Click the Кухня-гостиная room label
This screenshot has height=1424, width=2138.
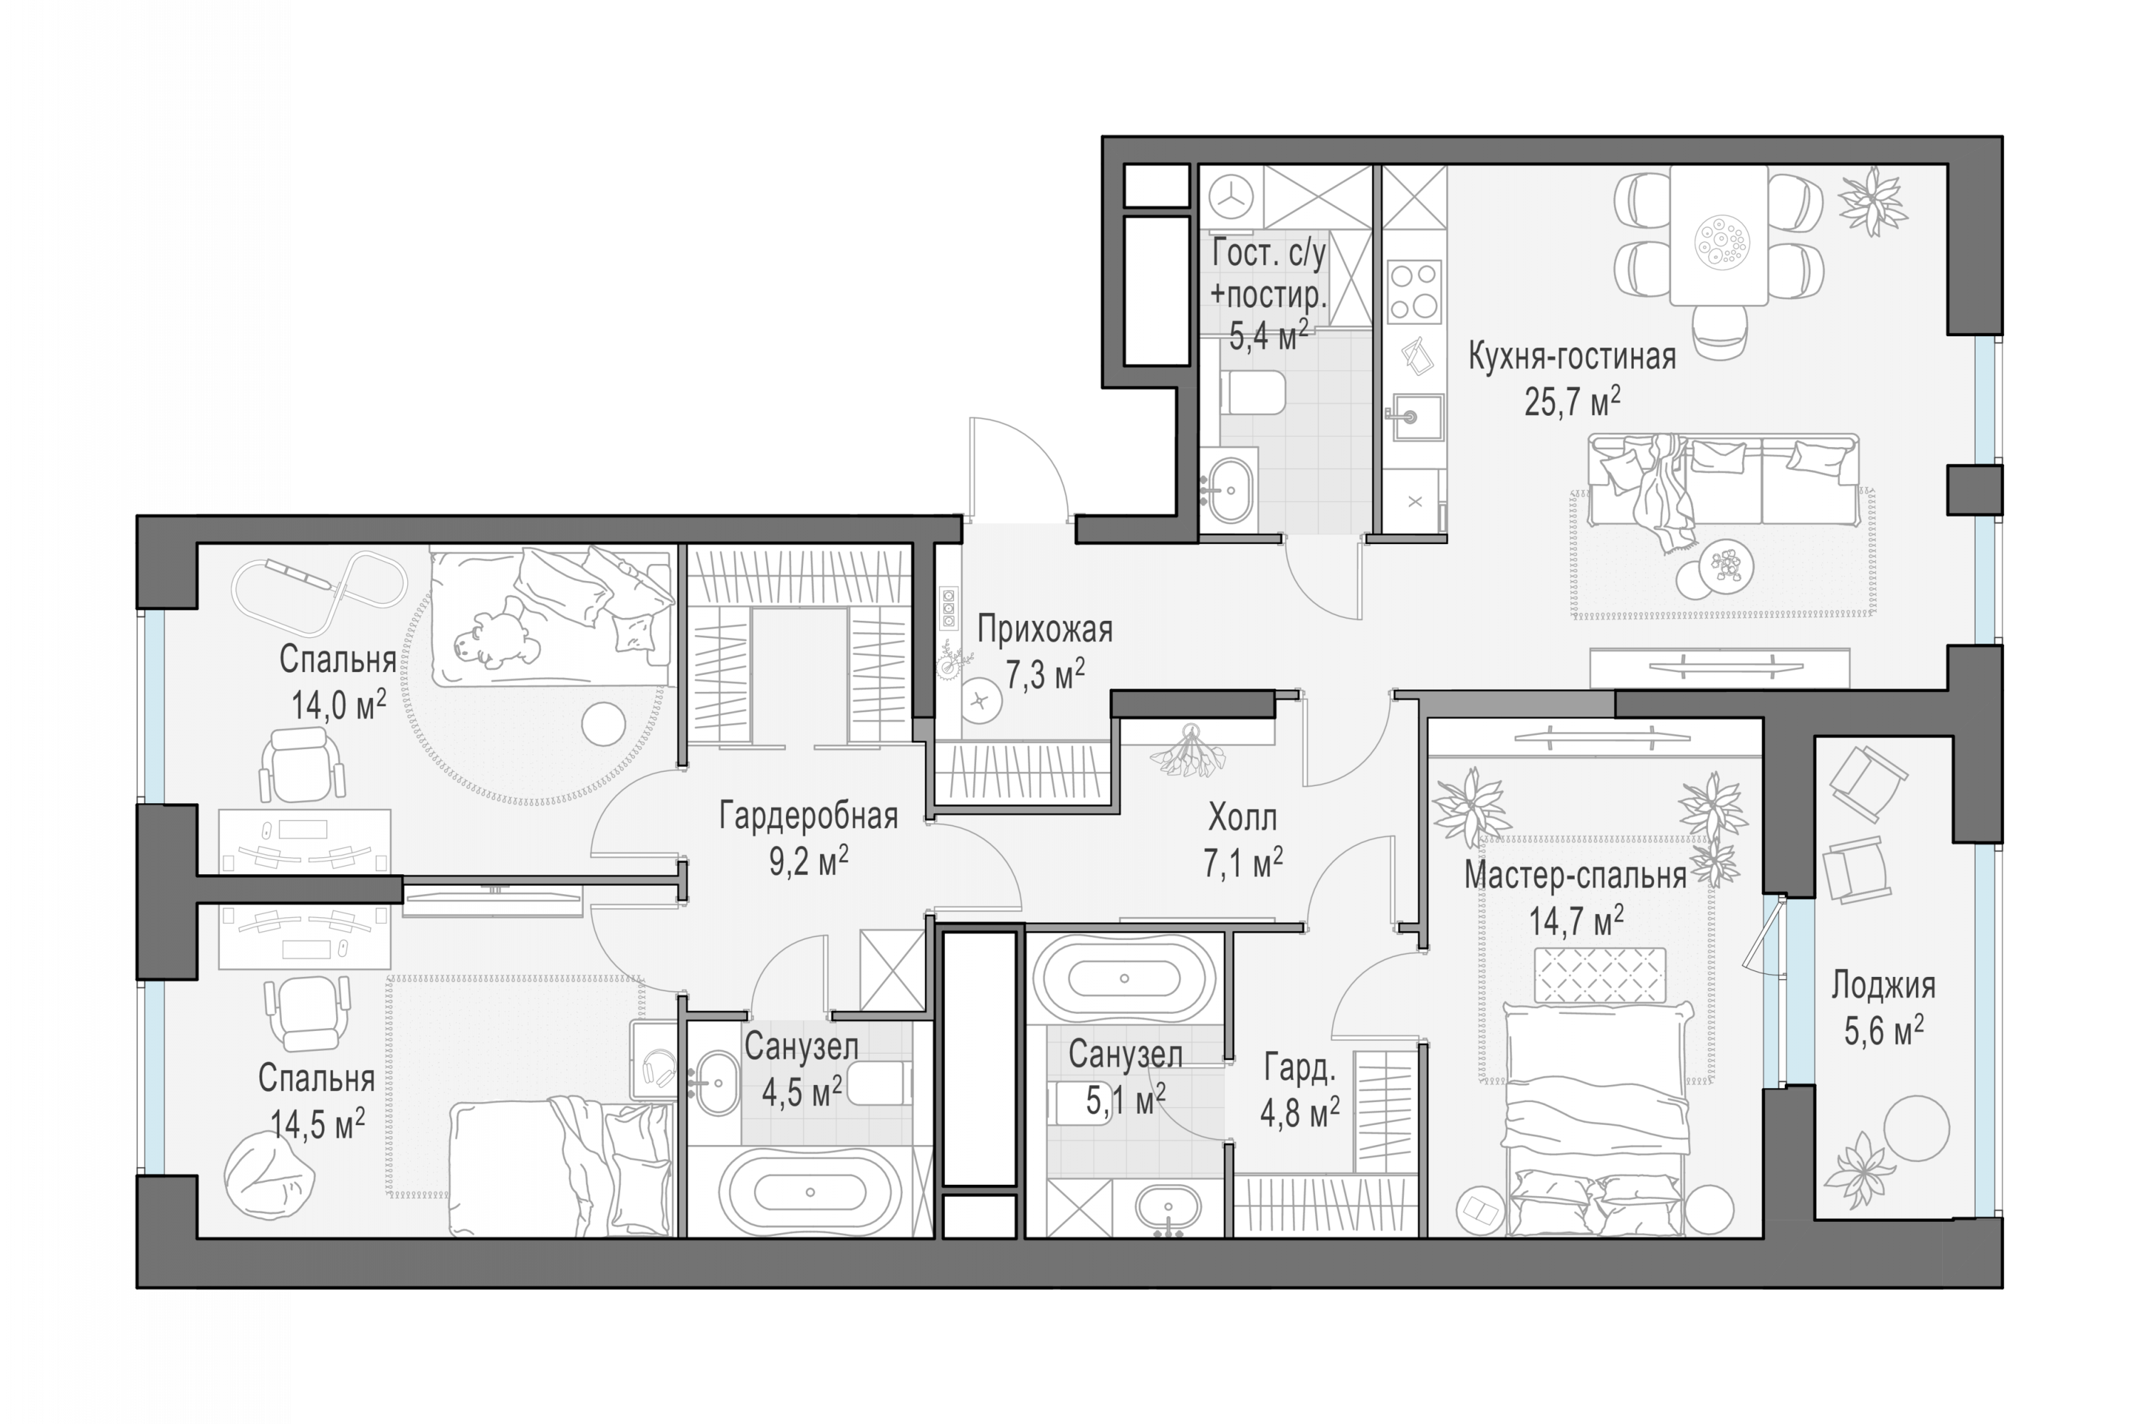tap(1571, 357)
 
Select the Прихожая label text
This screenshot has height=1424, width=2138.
tap(1045, 629)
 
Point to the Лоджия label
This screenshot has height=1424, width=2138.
tap(1883, 985)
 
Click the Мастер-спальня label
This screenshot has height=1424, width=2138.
tap(1575, 876)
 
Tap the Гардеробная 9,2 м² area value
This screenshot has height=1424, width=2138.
tap(809, 861)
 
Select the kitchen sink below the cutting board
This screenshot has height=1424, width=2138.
tap(1413, 417)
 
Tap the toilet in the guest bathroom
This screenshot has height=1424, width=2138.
tap(1254, 392)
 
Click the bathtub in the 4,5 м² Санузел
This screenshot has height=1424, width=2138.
tap(809, 1193)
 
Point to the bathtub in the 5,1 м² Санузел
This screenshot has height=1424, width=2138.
tap(1124, 979)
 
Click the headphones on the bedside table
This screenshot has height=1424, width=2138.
tap(658, 1068)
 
